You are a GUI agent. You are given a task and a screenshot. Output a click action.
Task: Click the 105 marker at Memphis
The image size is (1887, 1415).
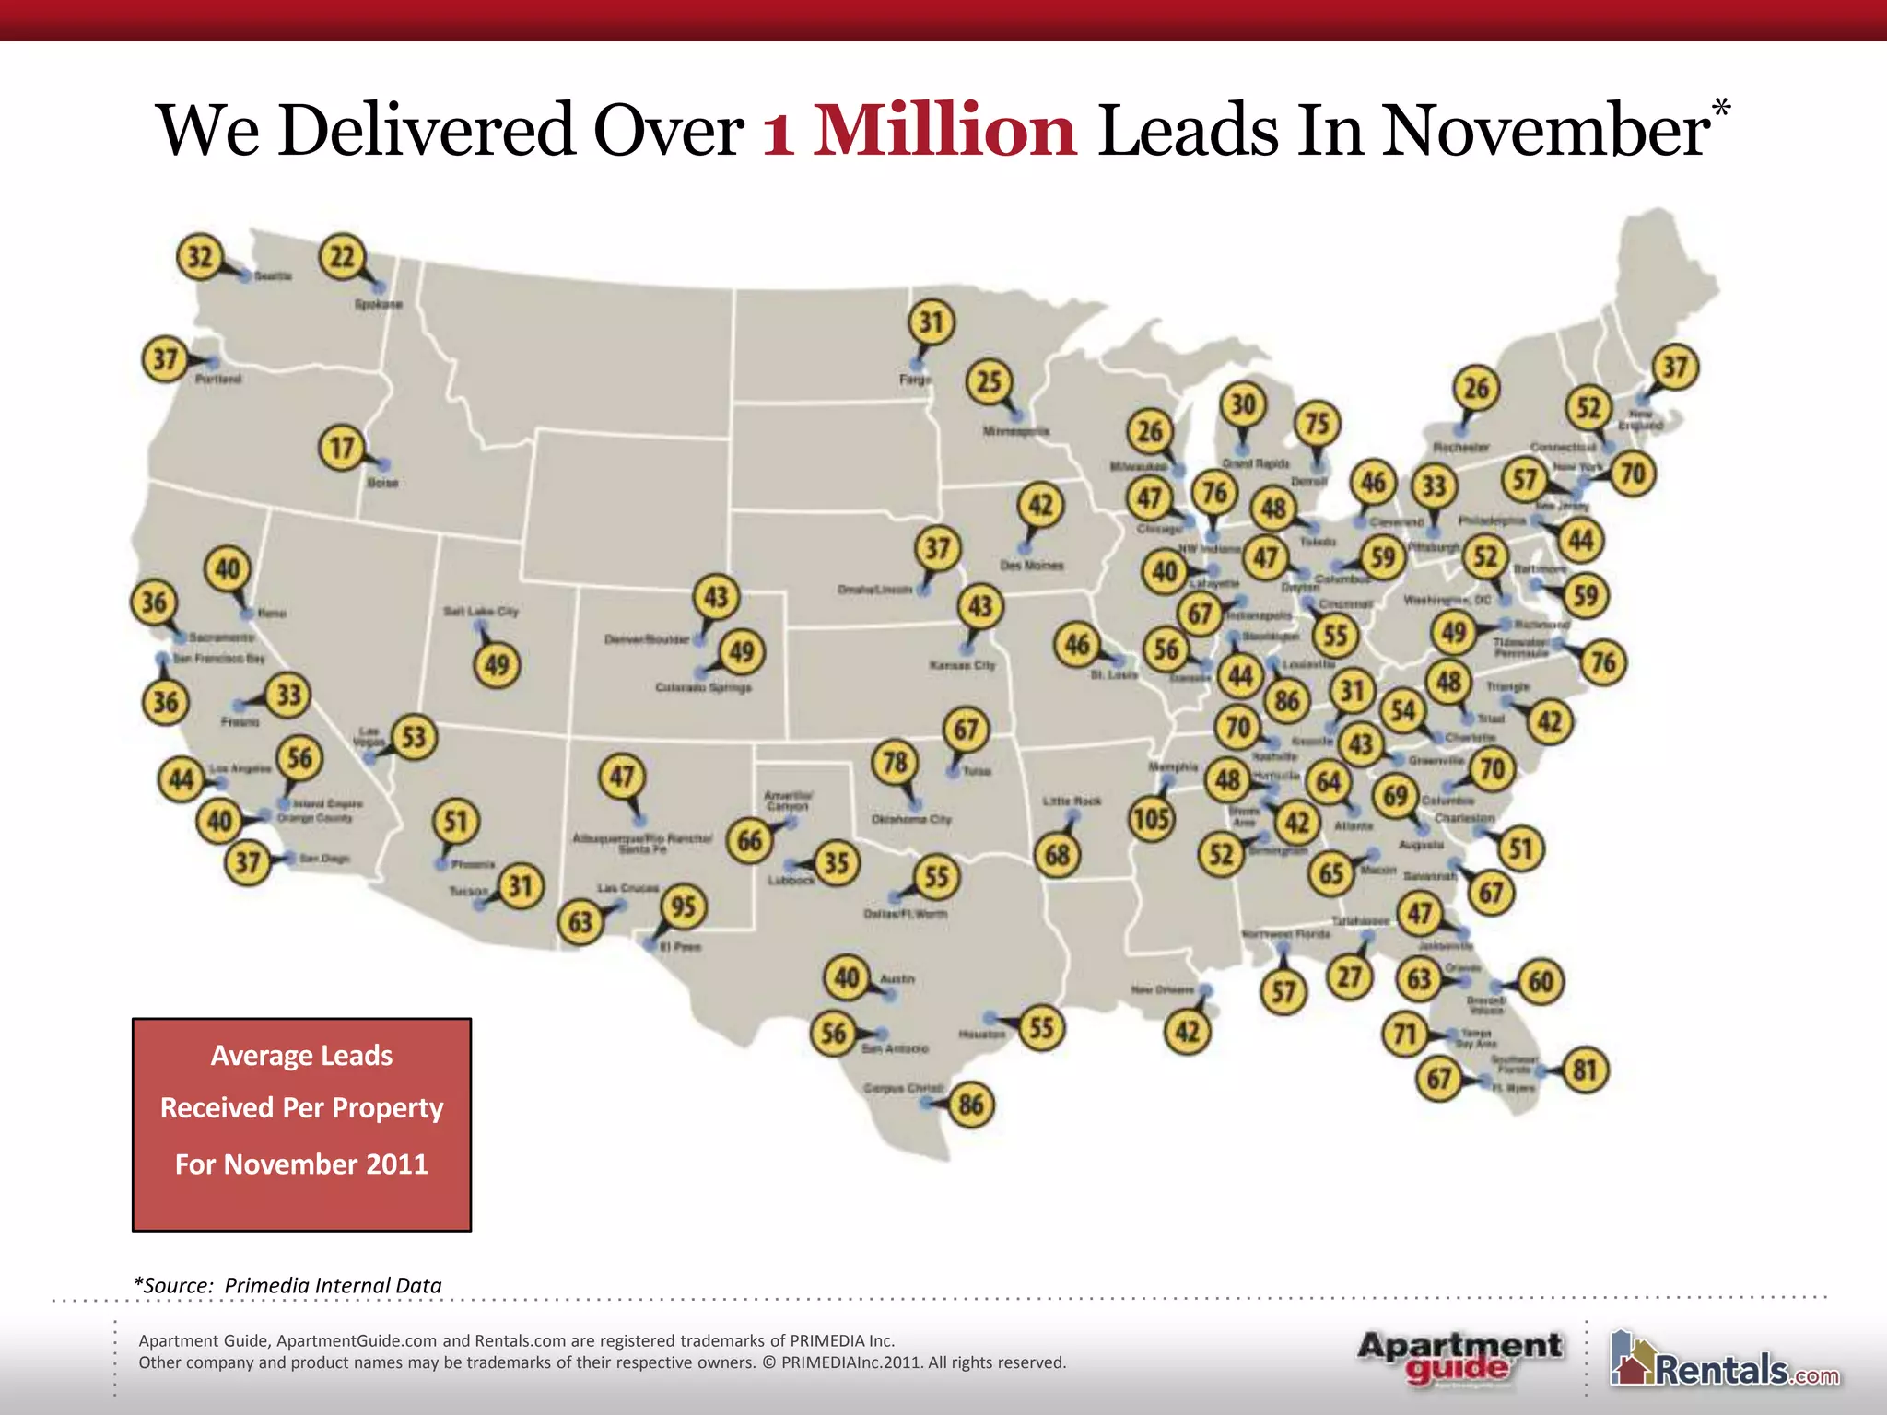pyautogui.click(x=1152, y=818)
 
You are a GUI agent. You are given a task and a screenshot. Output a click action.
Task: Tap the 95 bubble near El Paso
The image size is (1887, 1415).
pyautogui.click(x=684, y=906)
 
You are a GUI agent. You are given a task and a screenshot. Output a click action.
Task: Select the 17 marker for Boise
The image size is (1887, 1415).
pyautogui.click(x=342, y=448)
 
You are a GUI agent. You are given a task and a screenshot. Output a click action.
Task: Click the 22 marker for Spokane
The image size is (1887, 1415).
pyautogui.click(x=342, y=256)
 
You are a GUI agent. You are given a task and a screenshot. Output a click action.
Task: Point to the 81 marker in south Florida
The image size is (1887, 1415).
pyautogui.click(x=1585, y=1070)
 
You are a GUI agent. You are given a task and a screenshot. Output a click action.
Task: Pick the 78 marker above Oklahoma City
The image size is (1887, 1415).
pyautogui.click(x=895, y=762)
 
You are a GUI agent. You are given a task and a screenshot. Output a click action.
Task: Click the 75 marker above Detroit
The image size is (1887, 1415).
pyautogui.click(x=1318, y=423)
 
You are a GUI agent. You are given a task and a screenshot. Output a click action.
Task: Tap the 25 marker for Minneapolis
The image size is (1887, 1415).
pyautogui.click(x=989, y=381)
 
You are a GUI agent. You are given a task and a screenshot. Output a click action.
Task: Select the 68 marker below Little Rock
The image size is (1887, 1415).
pyautogui.click(x=1057, y=855)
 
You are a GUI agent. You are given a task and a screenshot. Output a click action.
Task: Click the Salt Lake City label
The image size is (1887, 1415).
pyautogui.click(x=481, y=611)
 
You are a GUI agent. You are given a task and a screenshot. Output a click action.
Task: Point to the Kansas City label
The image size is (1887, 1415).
pyautogui.click(x=962, y=664)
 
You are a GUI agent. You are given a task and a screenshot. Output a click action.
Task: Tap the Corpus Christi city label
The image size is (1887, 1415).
pyautogui.click(x=903, y=1088)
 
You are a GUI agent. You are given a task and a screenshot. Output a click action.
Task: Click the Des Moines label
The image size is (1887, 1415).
pyautogui.click(x=1032, y=565)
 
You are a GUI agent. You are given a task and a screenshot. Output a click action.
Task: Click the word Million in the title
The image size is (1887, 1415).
pyautogui.click(x=944, y=130)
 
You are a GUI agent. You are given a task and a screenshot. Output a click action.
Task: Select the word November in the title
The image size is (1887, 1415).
pyautogui.click(x=1545, y=130)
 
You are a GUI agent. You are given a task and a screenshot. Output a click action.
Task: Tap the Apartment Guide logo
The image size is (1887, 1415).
pyautogui.click(x=1459, y=1357)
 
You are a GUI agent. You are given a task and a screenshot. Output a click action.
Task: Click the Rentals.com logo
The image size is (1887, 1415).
pyautogui.click(x=1724, y=1361)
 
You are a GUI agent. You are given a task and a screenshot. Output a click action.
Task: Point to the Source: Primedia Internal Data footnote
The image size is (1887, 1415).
pyautogui.click(x=288, y=1285)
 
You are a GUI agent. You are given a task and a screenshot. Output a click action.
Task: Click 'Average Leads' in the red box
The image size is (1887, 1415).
pyautogui.click(x=301, y=1055)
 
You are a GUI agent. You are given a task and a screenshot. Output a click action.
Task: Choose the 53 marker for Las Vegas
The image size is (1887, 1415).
pyautogui.click(x=414, y=737)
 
